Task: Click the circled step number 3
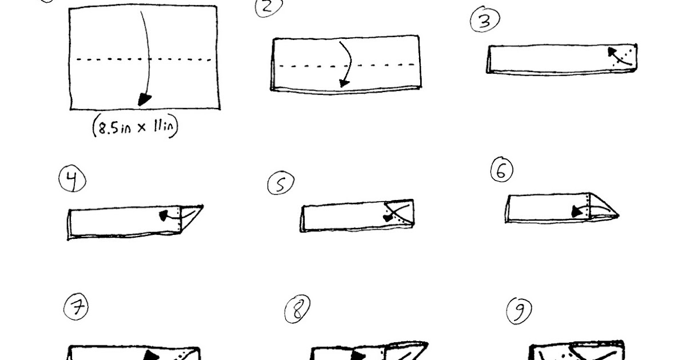[x=485, y=19]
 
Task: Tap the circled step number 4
[x=72, y=178]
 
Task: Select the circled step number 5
[x=281, y=183]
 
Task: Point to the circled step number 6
[x=502, y=169]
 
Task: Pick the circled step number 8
[x=297, y=309]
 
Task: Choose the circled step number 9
[x=519, y=311]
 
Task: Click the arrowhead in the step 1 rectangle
[x=144, y=99]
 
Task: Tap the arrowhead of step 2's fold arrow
[x=344, y=83]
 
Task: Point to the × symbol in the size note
[x=142, y=127]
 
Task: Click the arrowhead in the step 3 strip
[x=612, y=52]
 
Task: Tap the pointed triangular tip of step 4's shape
[x=203, y=206]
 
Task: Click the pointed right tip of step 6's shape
[x=619, y=216]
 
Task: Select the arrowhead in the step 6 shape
[x=577, y=211]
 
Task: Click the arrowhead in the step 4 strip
[x=164, y=215]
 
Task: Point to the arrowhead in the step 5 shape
[x=388, y=218]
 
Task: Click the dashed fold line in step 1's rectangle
[x=143, y=59]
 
